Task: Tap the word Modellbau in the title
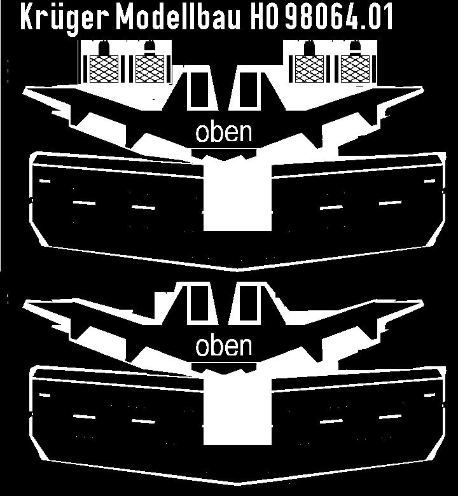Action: [x=178, y=16]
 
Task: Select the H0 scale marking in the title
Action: [x=265, y=17]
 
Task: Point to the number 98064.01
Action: [x=338, y=17]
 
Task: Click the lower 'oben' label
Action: [x=224, y=346]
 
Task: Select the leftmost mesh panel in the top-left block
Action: [x=104, y=69]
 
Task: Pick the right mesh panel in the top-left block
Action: [x=149, y=69]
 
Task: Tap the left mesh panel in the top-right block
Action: [x=309, y=69]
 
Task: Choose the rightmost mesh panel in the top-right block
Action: [x=355, y=69]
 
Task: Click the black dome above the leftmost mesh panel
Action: [x=104, y=48]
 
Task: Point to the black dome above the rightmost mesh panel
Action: [x=355, y=48]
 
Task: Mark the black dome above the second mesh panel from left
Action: [x=149, y=48]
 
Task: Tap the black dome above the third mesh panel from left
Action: [x=309, y=48]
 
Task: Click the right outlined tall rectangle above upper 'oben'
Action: [x=248, y=90]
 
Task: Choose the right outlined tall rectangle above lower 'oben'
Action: [x=248, y=305]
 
